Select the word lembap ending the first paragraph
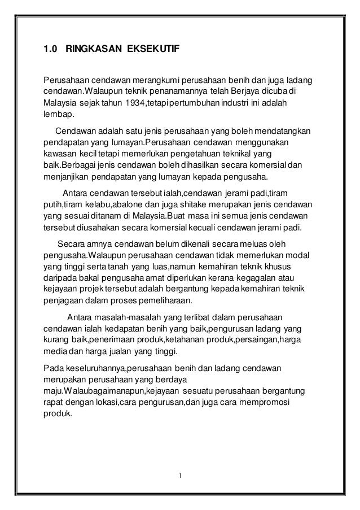56,116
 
